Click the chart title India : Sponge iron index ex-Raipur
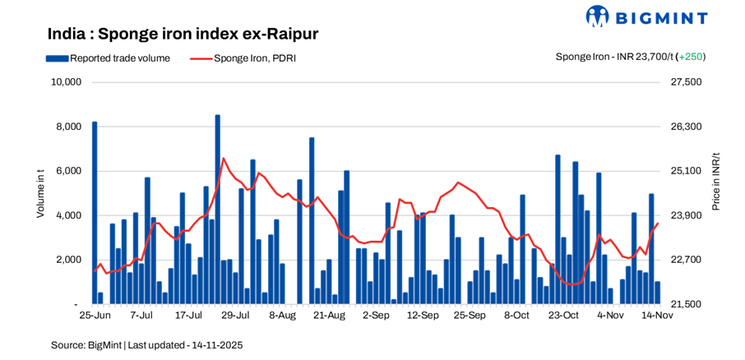coord(183,34)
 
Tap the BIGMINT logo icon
coord(597,16)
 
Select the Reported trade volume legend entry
coord(109,58)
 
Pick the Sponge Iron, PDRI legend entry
coord(243,58)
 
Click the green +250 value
coord(691,57)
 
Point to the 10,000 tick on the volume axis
coord(65,82)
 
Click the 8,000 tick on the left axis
coord(67,127)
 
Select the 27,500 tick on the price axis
coord(687,82)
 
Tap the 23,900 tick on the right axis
coord(687,215)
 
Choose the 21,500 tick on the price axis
coord(687,304)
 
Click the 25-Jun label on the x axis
coord(95,315)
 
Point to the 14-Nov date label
coord(657,315)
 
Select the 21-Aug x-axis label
coord(329,315)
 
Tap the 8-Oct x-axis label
coord(516,315)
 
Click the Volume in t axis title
coord(40,192)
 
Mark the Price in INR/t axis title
coord(716,182)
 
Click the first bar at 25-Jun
coord(95,213)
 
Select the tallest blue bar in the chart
coord(217,210)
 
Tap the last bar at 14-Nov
coord(658,293)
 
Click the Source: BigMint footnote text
coord(146,345)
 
